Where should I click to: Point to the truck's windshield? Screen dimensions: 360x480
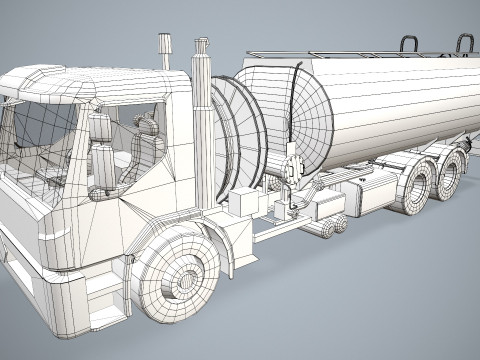click(x=40, y=150)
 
